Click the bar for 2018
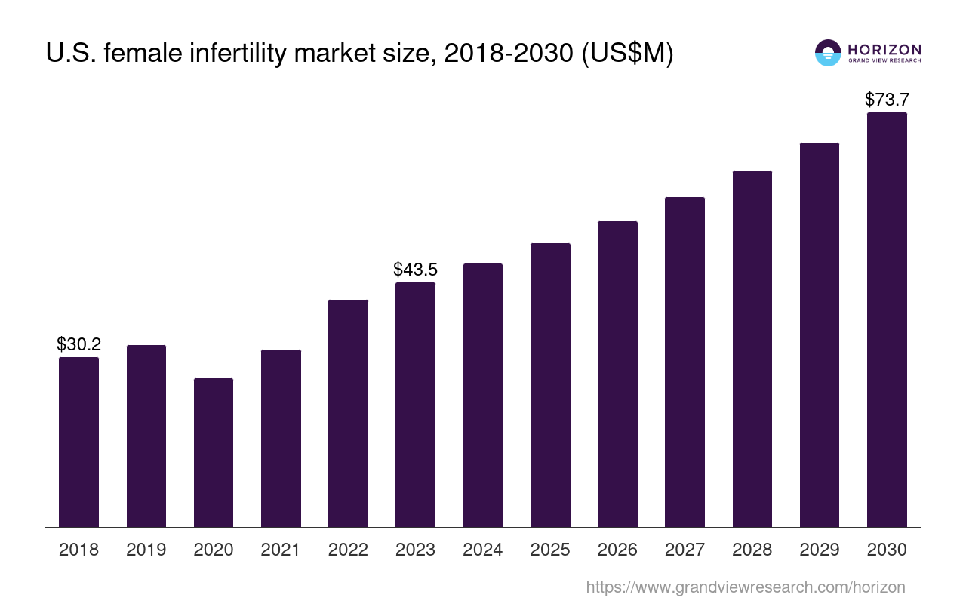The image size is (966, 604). (78, 442)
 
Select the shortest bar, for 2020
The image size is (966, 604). (214, 452)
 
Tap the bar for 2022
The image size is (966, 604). (348, 413)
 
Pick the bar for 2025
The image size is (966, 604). (550, 385)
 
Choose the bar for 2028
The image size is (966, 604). (752, 349)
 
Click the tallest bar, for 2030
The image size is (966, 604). (887, 319)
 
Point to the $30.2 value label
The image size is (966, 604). (78, 344)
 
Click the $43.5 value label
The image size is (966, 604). (415, 270)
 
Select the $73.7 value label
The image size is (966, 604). (887, 100)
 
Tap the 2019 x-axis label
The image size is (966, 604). (146, 550)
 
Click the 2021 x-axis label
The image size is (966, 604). (281, 550)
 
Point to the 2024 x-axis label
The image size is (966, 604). (483, 550)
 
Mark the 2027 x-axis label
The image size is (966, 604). (685, 550)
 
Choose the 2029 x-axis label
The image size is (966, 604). (820, 550)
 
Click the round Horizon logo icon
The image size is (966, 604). (828, 53)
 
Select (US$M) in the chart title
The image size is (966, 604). (626, 54)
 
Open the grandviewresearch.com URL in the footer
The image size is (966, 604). (746, 587)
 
